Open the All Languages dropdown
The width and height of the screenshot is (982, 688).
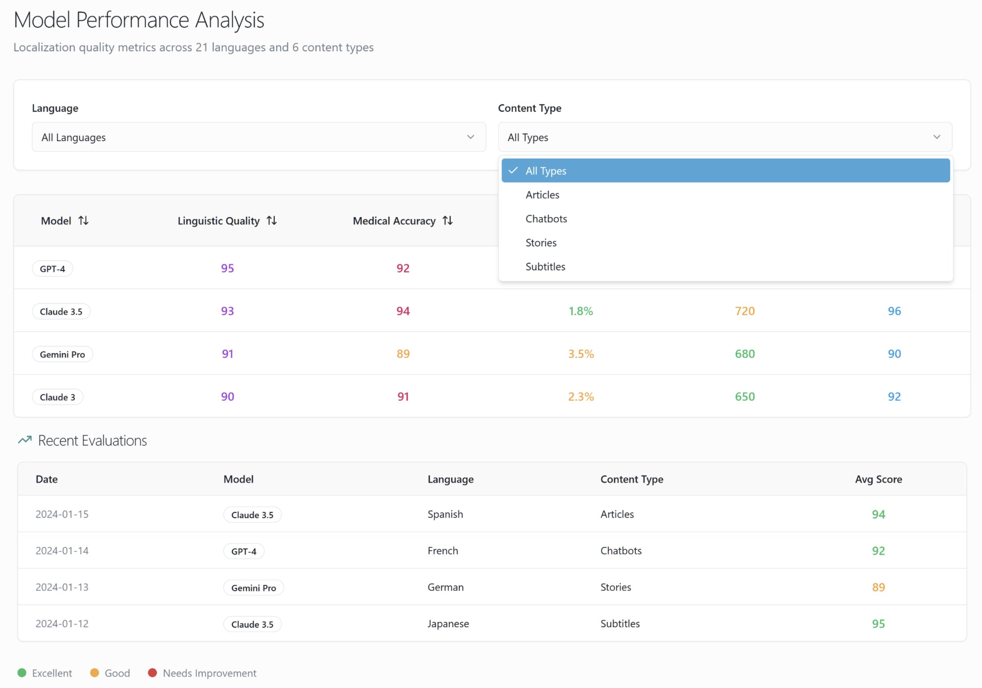[259, 137]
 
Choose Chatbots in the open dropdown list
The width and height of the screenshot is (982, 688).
[546, 219]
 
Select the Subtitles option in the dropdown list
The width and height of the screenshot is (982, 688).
[545, 267]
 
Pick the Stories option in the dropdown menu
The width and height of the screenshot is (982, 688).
[541, 243]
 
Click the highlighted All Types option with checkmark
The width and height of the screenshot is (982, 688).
[725, 171]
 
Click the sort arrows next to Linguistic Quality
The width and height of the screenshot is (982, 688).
[272, 221]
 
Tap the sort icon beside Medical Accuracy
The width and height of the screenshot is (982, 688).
[447, 221]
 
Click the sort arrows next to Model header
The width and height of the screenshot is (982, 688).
[83, 221]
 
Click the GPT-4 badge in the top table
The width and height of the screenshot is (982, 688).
[52, 269]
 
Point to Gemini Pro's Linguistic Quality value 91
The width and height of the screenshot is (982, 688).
[228, 354]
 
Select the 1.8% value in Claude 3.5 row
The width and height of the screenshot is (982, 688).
[580, 311]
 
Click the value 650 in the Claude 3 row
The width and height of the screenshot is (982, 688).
[745, 397]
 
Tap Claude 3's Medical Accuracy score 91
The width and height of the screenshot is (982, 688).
[403, 397]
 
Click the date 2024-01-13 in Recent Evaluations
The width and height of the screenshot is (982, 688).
[62, 587]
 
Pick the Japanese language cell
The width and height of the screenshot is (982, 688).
[448, 624]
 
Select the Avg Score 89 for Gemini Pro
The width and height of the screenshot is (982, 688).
[878, 588]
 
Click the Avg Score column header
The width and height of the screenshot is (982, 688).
[878, 479]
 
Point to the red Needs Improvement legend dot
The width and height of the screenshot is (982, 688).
[152, 673]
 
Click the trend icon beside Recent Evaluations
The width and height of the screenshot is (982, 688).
[25, 440]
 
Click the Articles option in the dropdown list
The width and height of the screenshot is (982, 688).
[542, 195]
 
